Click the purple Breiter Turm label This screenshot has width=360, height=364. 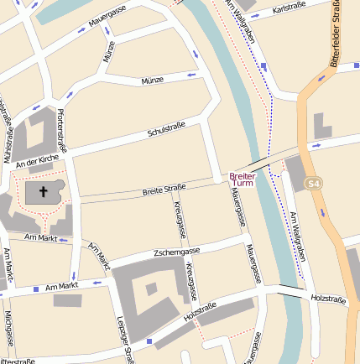coord(242,179)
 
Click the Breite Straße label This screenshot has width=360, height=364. coord(164,190)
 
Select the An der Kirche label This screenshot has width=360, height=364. coord(37,159)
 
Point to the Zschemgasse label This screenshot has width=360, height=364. coord(177,251)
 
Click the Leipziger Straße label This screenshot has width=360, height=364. coord(126,340)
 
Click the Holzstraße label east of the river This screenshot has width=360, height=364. coord(328,299)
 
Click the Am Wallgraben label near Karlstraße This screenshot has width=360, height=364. coord(243,23)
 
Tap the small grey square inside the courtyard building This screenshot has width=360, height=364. coord(151,289)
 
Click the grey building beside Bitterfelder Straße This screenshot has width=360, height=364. coord(322,126)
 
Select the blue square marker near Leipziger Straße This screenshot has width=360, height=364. coord(149,341)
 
